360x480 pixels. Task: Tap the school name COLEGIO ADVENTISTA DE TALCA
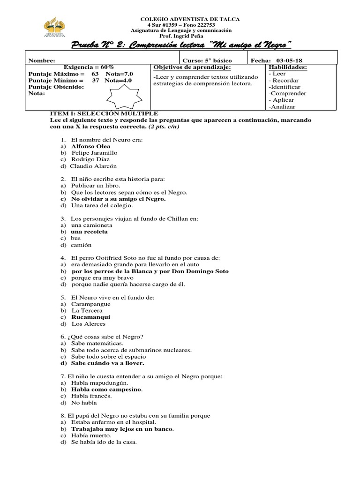coord(190,19)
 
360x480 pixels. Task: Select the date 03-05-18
coord(290,60)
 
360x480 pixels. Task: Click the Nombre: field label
coord(42,60)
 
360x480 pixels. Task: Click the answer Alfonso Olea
coord(90,146)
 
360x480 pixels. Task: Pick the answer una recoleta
coord(89,232)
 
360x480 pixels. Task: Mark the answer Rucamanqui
coord(90,317)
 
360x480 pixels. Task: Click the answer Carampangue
coord(91,304)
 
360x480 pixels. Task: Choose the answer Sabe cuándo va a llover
coord(107,363)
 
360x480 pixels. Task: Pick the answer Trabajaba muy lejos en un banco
coord(122,428)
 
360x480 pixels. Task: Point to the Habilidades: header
coord(288,67)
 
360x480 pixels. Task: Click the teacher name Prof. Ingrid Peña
coord(190,36)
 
